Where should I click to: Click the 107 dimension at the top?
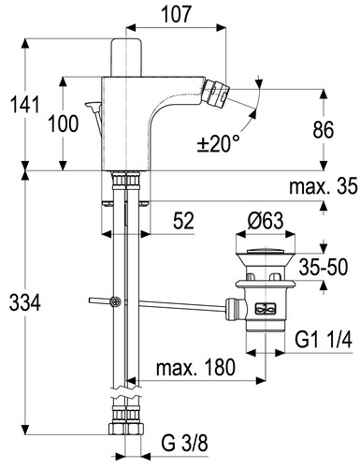coord(176,15)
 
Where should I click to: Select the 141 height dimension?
coord(25,105)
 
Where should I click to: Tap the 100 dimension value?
coord(64,124)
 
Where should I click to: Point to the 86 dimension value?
coord(324,129)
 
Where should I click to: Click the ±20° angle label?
coord(219,144)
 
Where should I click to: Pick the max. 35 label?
coord(324,186)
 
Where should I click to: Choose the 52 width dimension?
coord(183,221)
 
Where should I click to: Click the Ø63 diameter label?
coord(266,221)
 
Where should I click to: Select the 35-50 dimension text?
coord(324,268)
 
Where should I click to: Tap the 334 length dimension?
coord(25,303)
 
